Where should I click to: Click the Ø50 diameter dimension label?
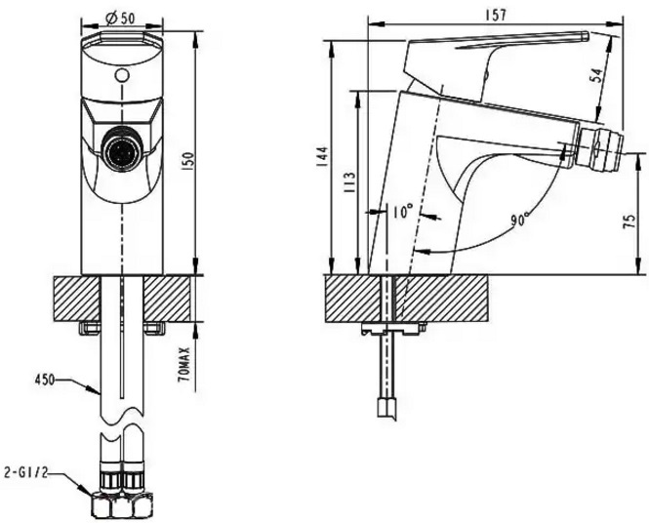(x=121, y=18)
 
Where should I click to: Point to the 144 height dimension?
(x=324, y=156)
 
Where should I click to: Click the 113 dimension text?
(x=350, y=181)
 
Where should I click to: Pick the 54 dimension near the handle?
(x=597, y=76)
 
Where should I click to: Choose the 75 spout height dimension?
(x=629, y=221)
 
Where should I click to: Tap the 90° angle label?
(x=520, y=220)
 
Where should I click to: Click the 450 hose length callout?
(x=45, y=379)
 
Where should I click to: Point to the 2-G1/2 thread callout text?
(x=24, y=472)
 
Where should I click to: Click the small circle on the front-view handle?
(x=122, y=76)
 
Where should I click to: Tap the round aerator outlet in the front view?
(x=122, y=146)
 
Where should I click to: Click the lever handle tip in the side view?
(x=585, y=36)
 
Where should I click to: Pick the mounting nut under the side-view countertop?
(x=392, y=330)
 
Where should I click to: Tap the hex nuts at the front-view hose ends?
(x=121, y=504)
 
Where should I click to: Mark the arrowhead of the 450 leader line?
(x=95, y=389)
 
